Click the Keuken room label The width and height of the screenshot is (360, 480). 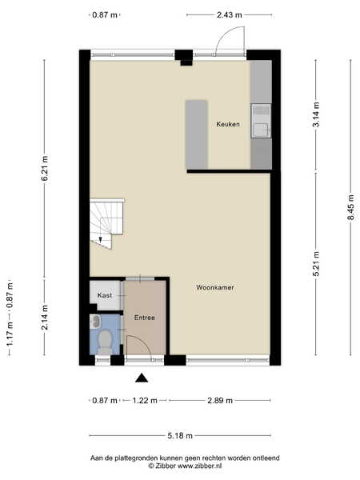[x=228, y=124]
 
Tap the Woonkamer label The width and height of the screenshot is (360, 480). [x=215, y=287]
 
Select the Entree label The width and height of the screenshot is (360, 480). [x=145, y=318]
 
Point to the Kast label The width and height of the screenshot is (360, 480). [x=105, y=295]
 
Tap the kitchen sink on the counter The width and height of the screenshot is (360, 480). [x=261, y=121]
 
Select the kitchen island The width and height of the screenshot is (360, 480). [x=197, y=134]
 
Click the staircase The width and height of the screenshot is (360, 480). [x=106, y=223]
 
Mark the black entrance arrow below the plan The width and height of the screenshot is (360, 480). [x=142, y=378]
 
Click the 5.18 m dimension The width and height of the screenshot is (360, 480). [x=180, y=436]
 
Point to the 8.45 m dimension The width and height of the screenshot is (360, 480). [x=351, y=207]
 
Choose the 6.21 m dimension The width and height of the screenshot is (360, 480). [x=45, y=168]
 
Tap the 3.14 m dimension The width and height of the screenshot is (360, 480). [x=316, y=114]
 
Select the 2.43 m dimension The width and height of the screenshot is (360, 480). [x=230, y=14]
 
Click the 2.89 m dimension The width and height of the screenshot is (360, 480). [x=220, y=401]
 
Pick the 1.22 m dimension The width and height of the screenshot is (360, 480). [x=145, y=401]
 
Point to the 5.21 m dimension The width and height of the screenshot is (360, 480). [x=316, y=263]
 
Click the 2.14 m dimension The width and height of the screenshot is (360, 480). [x=45, y=317]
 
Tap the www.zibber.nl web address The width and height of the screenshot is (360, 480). [x=199, y=466]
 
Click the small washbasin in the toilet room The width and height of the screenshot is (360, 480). [x=95, y=322]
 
